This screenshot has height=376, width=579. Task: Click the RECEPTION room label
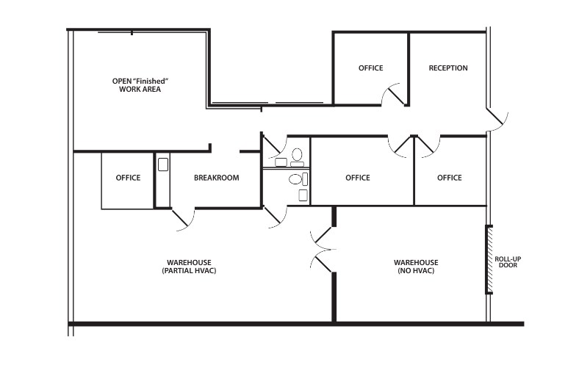click(x=448, y=68)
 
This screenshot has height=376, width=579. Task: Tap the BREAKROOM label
click(x=216, y=178)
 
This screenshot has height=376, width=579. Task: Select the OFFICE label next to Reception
click(x=370, y=68)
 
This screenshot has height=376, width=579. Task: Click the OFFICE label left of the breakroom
click(x=128, y=178)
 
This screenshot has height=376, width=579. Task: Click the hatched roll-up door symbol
click(x=489, y=259)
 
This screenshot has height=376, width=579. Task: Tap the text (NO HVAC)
click(x=416, y=271)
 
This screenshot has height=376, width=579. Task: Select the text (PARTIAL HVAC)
click(x=190, y=271)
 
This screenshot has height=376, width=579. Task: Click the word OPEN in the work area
click(x=123, y=80)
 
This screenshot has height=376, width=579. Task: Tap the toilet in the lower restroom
click(x=295, y=178)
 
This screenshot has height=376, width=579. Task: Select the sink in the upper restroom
click(x=281, y=162)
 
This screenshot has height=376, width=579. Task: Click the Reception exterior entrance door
click(x=497, y=119)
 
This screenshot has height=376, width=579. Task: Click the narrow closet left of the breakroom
click(x=162, y=180)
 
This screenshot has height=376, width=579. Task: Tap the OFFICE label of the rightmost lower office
click(x=449, y=178)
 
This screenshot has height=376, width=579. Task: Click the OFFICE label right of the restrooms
click(x=357, y=178)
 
